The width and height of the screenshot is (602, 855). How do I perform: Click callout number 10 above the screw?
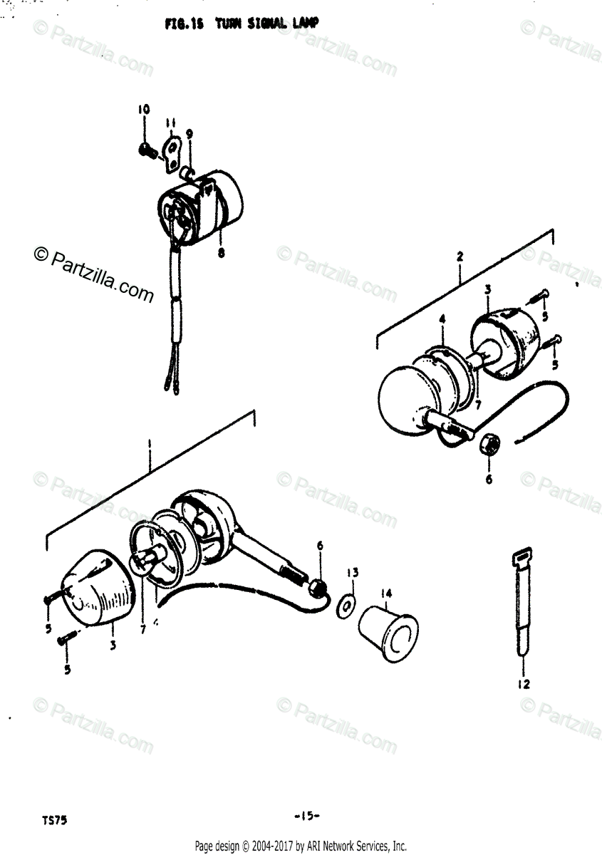(144, 110)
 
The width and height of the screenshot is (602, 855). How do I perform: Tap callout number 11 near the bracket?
(171, 123)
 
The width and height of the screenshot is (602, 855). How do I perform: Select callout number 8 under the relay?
(221, 252)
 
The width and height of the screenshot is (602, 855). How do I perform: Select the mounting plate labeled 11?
(172, 152)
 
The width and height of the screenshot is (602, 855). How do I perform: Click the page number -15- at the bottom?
(306, 815)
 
